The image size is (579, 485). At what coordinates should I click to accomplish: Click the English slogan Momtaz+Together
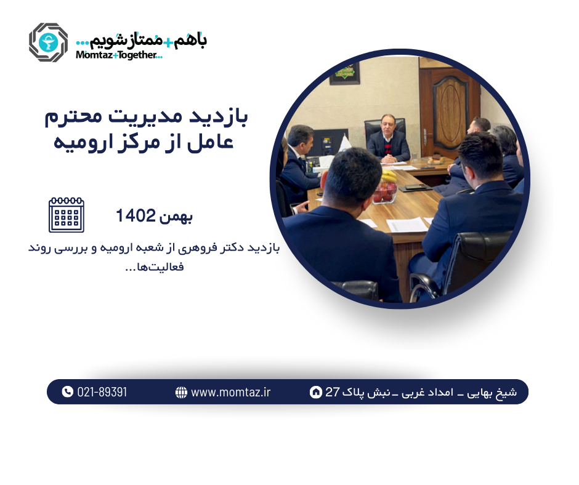pos(118,55)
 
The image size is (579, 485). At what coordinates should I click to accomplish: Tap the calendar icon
pos(66,215)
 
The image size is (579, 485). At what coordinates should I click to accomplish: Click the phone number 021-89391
pos(102,392)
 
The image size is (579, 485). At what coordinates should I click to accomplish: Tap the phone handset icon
pos(68,392)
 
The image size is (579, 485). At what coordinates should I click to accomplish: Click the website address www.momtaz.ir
pos(230,392)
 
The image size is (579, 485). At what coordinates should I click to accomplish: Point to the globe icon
pos(181,392)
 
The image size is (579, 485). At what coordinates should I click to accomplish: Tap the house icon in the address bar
pos(315,392)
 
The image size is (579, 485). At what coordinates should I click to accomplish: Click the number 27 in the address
pos(333,392)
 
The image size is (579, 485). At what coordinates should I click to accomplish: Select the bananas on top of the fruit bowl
pos(388,177)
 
